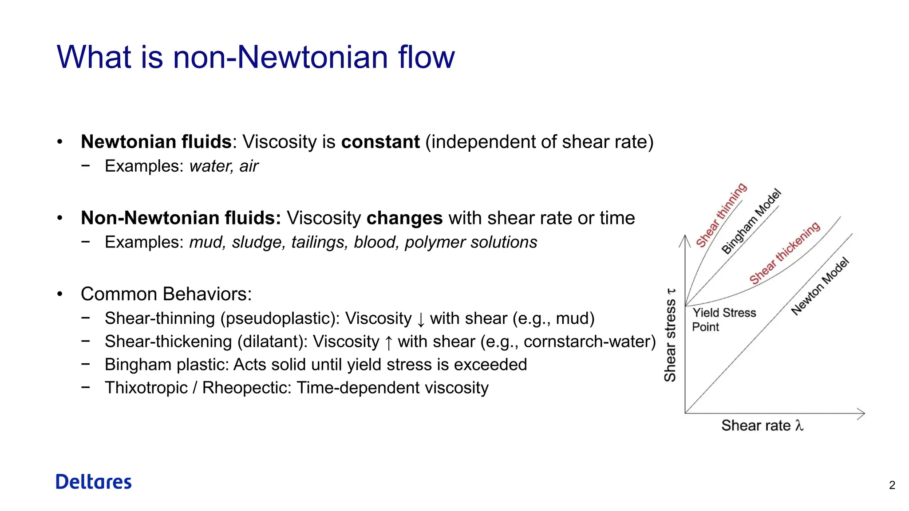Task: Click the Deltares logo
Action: pyautogui.click(x=94, y=482)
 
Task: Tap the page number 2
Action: pyautogui.click(x=892, y=485)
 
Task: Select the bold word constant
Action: pyautogui.click(x=380, y=142)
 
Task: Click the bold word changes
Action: pyautogui.click(x=404, y=218)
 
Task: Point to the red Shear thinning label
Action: pyautogui.click(x=721, y=216)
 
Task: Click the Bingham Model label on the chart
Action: pyautogui.click(x=751, y=222)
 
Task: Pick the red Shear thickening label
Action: pyautogui.click(x=784, y=253)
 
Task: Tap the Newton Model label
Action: pyautogui.click(x=820, y=287)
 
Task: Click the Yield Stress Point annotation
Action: pyautogui.click(x=723, y=319)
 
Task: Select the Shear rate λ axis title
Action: pyautogui.click(x=762, y=425)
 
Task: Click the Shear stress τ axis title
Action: pyautogui.click(x=670, y=335)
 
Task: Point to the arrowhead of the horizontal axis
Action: pyautogui.click(x=861, y=413)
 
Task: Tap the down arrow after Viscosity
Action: pyautogui.click(x=421, y=319)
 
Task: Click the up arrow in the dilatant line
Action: pyautogui.click(x=388, y=342)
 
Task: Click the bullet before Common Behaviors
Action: pyautogui.click(x=60, y=294)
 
